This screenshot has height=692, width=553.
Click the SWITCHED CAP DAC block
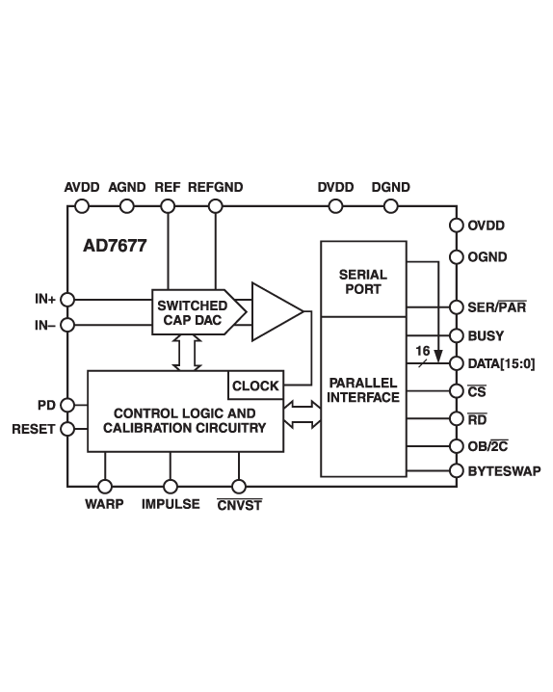coord(192,312)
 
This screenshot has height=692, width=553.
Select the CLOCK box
coord(255,386)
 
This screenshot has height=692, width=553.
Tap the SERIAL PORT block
coord(363,281)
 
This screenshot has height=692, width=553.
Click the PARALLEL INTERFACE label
coord(363,389)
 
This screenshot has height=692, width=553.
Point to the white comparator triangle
coord(273,311)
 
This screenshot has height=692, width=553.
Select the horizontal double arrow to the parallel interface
coord(303,416)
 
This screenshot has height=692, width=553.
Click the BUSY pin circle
coord(456,336)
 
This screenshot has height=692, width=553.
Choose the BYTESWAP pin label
coord(502,471)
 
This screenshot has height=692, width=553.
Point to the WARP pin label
coord(105,504)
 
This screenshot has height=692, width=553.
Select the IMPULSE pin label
coord(171,504)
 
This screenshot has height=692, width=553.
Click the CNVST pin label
coord(239,504)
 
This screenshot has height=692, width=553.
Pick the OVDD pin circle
coord(456,226)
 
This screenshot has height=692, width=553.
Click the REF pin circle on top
coord(169,206)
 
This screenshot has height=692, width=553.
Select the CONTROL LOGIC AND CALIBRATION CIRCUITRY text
coord(183,420)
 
